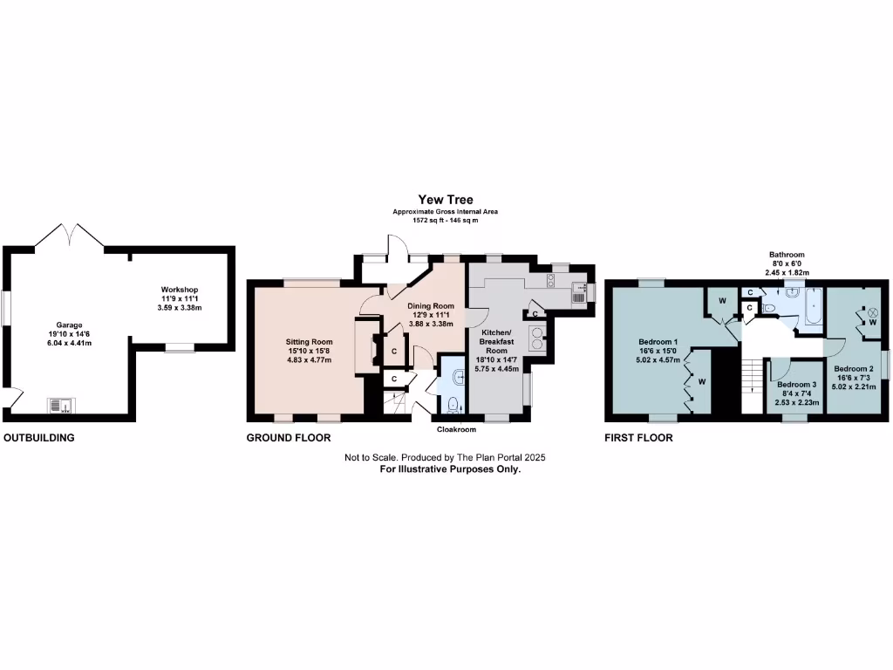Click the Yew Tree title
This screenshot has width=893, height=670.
[446, 200]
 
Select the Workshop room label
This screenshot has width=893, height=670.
[180, 290]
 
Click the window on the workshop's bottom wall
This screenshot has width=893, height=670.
[181, 348]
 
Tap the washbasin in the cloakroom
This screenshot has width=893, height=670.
[459, 375]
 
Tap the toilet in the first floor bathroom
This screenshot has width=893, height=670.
[768, 307]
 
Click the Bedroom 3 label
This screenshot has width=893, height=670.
[797, 384]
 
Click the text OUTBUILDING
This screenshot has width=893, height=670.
[39, 438]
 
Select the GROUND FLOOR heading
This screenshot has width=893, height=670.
[289, 438]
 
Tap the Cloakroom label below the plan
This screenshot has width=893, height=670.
[457, 429]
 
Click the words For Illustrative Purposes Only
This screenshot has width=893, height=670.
[450, 469]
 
